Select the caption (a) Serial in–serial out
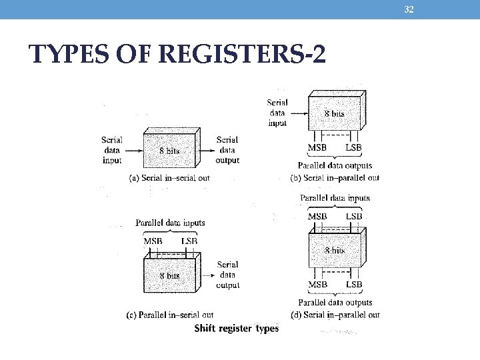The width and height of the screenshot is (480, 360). point(171,178)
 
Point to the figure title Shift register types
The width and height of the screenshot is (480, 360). point(236,328)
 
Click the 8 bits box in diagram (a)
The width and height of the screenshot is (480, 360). point(169,151)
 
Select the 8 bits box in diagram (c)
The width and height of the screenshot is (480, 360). point(169,275)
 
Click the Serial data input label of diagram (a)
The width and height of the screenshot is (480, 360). point(111,150)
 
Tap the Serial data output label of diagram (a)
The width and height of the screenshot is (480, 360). point(227,150)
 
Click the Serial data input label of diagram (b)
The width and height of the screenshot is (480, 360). point(277,113)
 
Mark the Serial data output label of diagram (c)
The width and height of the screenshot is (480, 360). point(227,275)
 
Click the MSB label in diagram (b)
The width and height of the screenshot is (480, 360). point(317,147)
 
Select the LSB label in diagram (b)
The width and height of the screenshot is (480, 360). point(354,147)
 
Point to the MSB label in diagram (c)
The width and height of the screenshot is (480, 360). point(153,241)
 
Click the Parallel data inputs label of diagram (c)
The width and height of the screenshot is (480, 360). point(170,223)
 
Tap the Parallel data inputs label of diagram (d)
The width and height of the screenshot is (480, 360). point(335,198)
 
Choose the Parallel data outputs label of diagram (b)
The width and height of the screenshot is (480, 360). point(335,165)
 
